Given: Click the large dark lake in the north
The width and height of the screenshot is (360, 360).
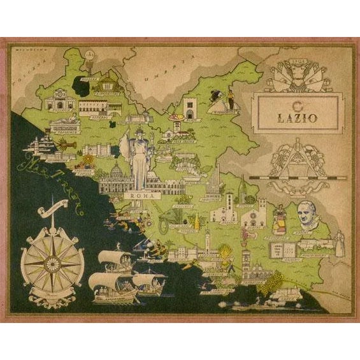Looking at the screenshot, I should (x=82, y=83).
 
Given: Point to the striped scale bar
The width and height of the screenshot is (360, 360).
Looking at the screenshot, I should (x=299, y=173).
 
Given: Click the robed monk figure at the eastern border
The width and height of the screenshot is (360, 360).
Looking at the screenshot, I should (x=340, y=241).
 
